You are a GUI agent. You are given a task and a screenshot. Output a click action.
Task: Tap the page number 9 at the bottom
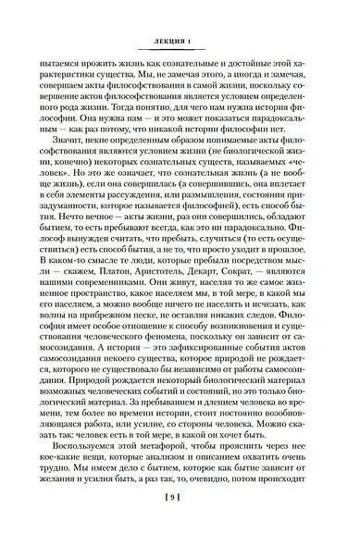point(180,524)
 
